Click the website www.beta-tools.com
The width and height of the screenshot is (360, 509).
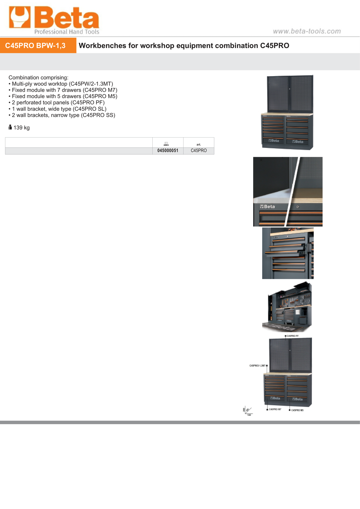point(307,31)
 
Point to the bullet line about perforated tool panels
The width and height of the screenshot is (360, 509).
point(58,103)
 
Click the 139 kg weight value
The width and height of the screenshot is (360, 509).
point(22,128)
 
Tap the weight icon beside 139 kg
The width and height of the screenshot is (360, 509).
point(10,127)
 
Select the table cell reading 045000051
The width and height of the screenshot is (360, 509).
point(168,151)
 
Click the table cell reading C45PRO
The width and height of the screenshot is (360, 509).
point(199,151)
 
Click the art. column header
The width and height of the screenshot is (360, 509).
point(199,144)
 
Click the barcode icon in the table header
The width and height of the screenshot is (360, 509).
point(166,144)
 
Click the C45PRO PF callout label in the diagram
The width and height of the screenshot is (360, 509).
point(292,336)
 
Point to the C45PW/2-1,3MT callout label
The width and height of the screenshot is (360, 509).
point(257,366)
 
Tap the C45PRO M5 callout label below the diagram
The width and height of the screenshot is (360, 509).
point(297,410)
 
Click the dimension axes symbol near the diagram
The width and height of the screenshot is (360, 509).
point(248,411)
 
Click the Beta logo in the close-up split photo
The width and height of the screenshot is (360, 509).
point(267,207)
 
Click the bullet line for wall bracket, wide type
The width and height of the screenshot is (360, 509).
point(59,109)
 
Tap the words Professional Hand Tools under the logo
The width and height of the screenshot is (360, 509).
point(67,32)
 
